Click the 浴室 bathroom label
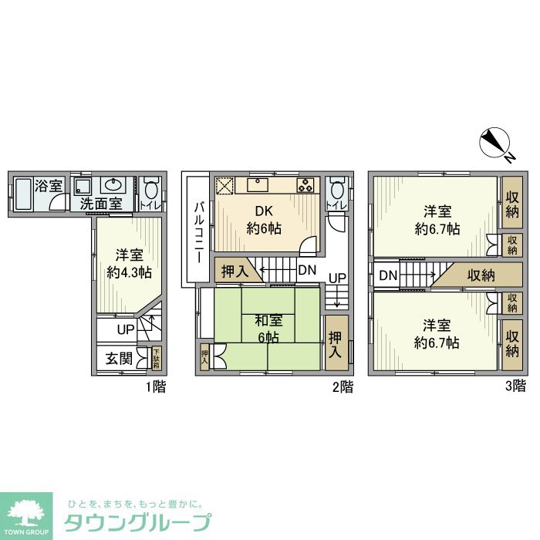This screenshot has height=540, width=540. tap(49, 186)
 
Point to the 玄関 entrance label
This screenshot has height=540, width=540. tap(119, 359)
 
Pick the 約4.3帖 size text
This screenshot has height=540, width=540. tap(129, 272)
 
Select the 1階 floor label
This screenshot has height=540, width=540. tap(154, 386)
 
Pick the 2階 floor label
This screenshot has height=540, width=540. tap(343, 386)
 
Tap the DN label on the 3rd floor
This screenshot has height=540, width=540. tap(388, 275)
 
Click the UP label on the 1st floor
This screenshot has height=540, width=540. tap(126, 330)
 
